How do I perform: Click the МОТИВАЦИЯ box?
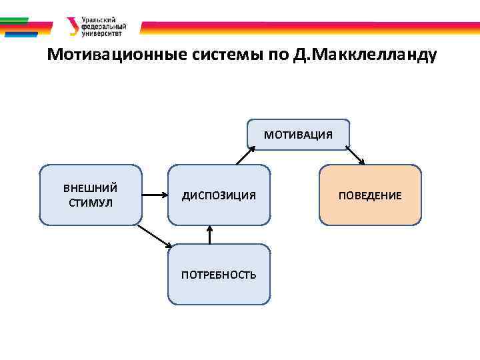[x=298, y=135]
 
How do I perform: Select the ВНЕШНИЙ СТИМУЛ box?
[x=91, y=195]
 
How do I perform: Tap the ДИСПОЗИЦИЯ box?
[x=219, y=195]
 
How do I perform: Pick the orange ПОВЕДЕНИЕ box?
[x=370, y=195]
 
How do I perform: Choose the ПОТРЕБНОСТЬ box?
[x=219, y=274]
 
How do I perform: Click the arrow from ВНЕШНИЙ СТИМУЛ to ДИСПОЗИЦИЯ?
[x=155, y=195]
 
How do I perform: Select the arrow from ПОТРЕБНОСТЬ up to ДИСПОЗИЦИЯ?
[x=210, y=235]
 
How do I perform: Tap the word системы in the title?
[x=223, y=55]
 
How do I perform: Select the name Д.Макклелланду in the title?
[x=365, y=55]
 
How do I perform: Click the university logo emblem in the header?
[x=72, y=26]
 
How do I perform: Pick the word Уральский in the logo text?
[x=95, y=20]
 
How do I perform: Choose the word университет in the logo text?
[x=101, y=33]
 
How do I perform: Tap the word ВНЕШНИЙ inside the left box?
[x=91, y=188]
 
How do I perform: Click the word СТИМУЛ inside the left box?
[x=91, y=202]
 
